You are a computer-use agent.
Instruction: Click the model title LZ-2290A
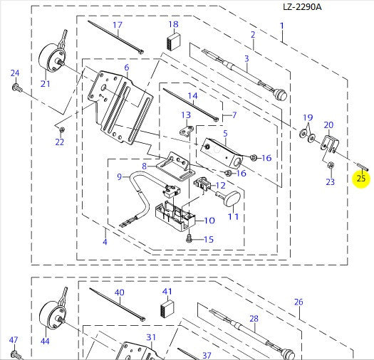[302, 6]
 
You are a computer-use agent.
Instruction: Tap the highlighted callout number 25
[361, 178]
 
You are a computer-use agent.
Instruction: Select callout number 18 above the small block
[173, 24]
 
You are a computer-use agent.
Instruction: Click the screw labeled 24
[17, 88]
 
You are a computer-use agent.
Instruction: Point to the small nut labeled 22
[62, 130]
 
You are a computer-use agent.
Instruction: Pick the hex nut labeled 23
[331, 165]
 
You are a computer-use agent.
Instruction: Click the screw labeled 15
[189, 238]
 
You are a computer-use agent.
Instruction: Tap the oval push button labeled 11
[229, 198]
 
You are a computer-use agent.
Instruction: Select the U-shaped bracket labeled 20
[329, 143]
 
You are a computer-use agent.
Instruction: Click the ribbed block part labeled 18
[174, 42]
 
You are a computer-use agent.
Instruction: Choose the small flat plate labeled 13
[186, 131]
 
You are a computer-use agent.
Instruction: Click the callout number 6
[127, 68]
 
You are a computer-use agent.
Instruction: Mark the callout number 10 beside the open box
[209, 221]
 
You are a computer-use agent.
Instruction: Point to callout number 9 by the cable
[120, 176]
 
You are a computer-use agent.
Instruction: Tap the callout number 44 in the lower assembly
[45, 342]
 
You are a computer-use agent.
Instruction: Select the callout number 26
[298, 302]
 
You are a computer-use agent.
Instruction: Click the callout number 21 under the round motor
[46, 84]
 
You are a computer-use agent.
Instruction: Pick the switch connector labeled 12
[202, 185]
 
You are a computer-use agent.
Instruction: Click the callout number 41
[167, 292]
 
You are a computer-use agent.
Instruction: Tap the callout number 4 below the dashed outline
[105, 242]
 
